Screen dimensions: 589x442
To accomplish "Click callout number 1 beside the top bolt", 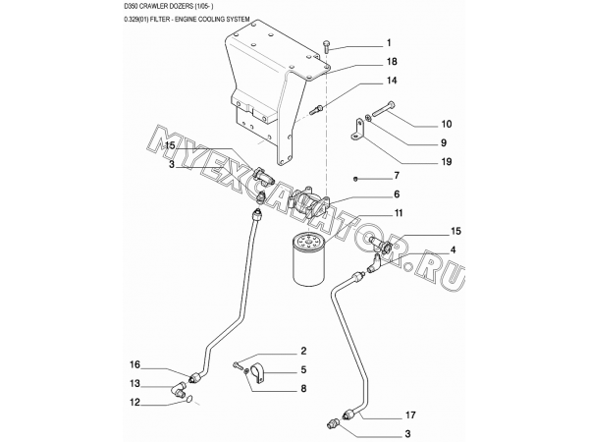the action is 389,43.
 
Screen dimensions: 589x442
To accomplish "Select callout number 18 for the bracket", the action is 392,61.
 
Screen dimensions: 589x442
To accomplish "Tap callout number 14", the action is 392,81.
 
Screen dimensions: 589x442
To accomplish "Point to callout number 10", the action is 447,124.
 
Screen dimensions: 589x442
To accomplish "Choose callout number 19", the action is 447,162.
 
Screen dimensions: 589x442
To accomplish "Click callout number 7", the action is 397,176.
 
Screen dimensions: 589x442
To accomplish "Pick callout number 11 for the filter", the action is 399,213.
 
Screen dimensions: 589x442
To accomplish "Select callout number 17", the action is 411,414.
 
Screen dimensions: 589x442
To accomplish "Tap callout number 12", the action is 134,402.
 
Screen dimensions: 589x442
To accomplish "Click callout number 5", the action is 303,370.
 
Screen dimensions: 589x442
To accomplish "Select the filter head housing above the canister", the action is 309,203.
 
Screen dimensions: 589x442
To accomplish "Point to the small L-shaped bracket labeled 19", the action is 358,130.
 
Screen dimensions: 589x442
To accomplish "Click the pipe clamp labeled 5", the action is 260,373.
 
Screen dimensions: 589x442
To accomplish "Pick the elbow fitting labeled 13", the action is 179,389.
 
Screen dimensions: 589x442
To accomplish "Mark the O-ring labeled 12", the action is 189,399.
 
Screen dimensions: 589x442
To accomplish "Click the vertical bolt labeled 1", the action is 326,47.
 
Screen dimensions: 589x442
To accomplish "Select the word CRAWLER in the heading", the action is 150,6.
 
